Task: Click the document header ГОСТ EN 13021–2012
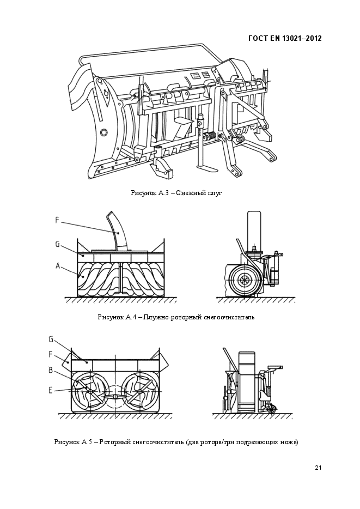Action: [285, 38]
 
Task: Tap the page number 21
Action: [318, 468]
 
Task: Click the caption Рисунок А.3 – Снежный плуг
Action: [176, 193]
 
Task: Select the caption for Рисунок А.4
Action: [176, 317]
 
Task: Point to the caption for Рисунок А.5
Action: [176, 442]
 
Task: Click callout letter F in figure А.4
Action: [57, 220]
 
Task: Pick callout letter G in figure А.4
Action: [57, 245]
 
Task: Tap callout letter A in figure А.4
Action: [58, 266]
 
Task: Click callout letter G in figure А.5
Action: [51, 339]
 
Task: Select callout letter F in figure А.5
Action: [51, 354]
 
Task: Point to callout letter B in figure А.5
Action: [51, 370]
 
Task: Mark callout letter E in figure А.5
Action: [51, 390]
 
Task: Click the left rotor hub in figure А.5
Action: [89, 392]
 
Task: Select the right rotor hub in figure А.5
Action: [140, 392]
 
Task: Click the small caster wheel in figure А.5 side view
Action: [272, 409]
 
